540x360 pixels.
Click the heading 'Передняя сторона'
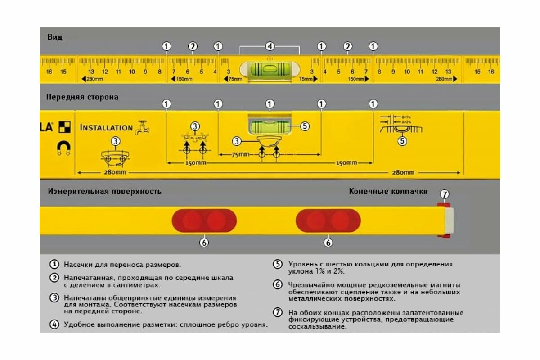(82, 97)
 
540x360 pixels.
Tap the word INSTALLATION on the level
(106, 128)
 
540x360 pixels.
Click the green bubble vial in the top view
(270, 70)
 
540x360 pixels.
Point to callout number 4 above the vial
(270, 46)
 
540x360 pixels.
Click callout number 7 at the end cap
(444, 194)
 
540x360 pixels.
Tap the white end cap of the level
(448, 220)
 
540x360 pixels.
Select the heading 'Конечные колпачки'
(388, 191)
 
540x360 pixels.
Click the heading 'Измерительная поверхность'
(104, 191)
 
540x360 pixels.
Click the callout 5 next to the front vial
(305, 126)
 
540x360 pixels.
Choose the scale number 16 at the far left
(49, 72)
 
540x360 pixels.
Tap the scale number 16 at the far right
(491, 72)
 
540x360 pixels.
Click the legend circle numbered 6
(278, 284)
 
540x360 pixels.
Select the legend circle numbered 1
(54, 265)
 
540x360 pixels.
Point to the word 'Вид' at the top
(54, 37)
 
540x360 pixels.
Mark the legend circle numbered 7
(278, 312)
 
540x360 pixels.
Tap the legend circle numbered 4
(54, 324)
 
